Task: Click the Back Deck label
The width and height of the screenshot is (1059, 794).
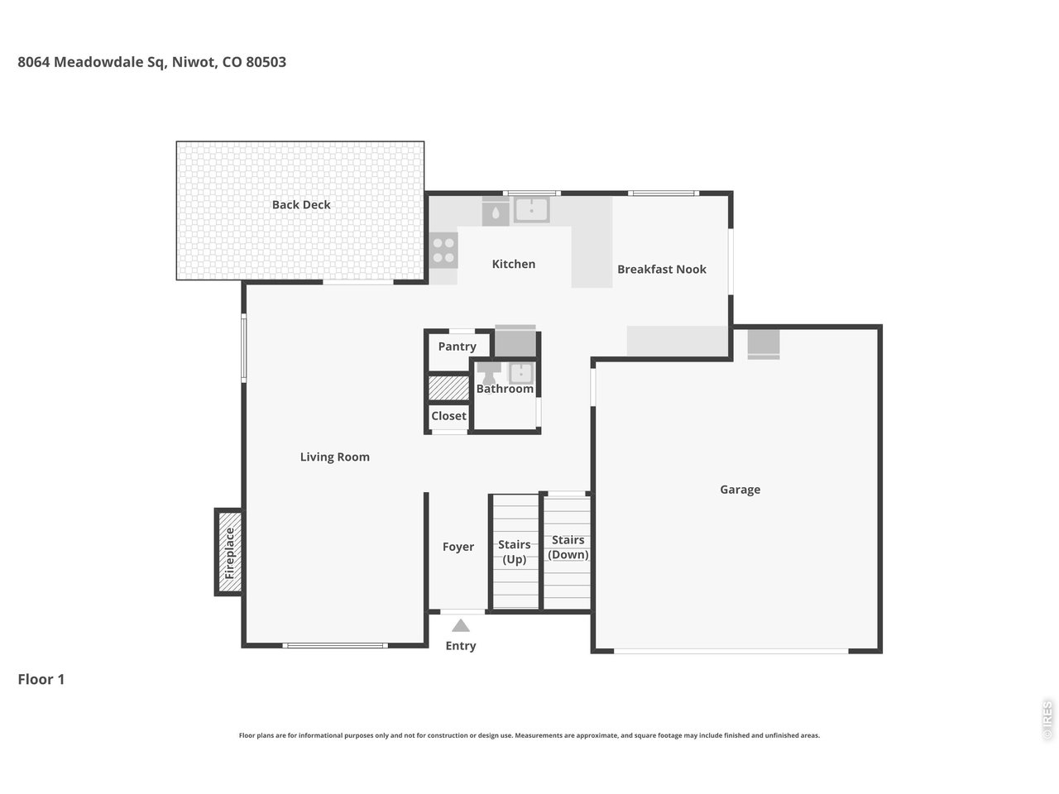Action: (x=301, y=205)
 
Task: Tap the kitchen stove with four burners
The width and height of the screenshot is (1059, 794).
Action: (x=444, y=251)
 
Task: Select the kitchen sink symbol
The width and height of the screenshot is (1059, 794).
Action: (x=531, y=210)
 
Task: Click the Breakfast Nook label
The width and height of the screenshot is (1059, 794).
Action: (x=661, y=269)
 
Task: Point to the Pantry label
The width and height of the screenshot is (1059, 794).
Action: (x=457, y=347)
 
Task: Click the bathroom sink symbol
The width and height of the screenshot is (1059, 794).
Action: (x=521, y=373)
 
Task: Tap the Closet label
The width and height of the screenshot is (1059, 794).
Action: (x=448, y=416)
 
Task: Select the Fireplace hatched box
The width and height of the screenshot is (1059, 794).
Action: (x=229, y=552)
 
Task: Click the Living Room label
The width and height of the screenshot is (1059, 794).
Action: (x=334, y=457)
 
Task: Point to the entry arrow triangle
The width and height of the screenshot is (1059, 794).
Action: (x=461, y=626)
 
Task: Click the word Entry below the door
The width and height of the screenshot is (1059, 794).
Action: (x=461, y=646)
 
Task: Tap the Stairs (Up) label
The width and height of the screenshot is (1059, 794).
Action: (x=515, y=552)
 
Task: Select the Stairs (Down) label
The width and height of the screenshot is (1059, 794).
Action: (x=568, y=547)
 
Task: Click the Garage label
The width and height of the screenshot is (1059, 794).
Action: (x=740, y=490)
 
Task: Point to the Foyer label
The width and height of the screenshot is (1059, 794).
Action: (x=458, y=547)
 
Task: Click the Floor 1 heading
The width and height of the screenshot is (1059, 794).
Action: (x=41, y=680)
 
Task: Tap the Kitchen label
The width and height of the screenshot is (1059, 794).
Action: (x=514, y=264)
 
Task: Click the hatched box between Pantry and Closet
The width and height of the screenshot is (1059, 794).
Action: (x=448, y=388)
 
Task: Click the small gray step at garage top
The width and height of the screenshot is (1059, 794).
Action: (x=764, y=344)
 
